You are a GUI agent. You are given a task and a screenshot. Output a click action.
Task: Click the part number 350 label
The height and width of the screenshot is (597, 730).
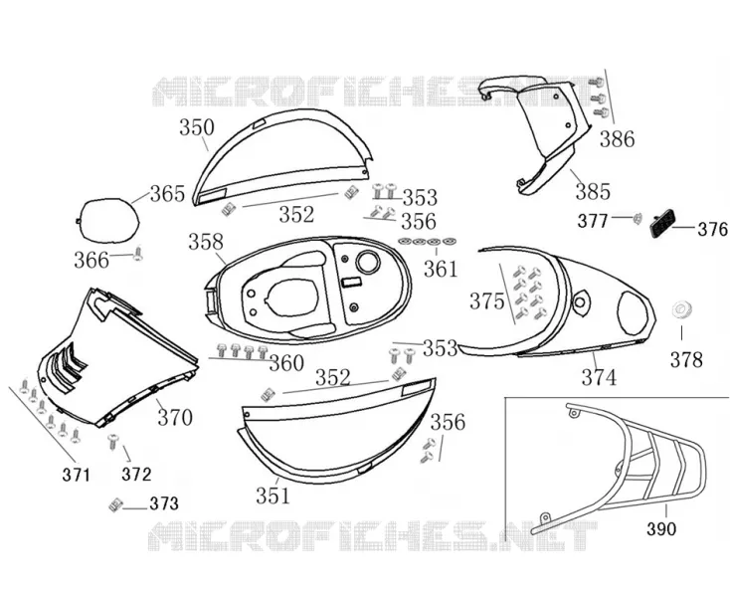pos(197,127)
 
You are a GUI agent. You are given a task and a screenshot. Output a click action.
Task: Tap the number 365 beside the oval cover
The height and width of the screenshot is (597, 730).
pos(168,194)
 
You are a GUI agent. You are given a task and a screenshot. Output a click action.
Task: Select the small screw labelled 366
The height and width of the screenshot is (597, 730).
pos(138,254)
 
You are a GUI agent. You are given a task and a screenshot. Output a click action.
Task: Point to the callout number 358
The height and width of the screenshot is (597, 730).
pos(206,242)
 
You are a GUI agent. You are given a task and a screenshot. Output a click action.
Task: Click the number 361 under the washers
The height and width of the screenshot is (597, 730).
pos(441,270)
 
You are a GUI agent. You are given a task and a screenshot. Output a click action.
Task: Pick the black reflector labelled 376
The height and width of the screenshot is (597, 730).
pos(663,224)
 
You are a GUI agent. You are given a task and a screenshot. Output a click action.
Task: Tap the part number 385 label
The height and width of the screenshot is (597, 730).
pos(593,191)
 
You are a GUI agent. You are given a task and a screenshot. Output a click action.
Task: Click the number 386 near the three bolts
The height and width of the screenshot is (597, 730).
pos(617,139)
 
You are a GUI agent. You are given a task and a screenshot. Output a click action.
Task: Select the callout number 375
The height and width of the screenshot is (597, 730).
pos(487,301)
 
